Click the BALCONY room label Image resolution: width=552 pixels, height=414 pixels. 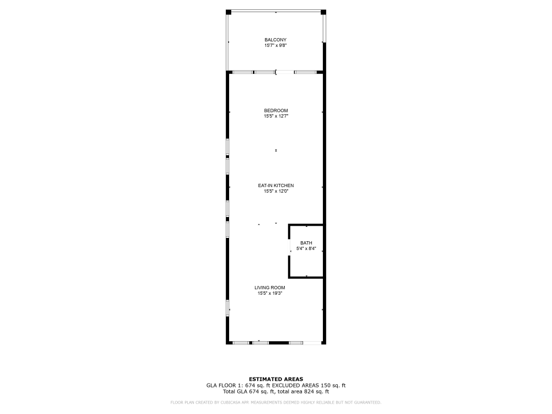click(x=275, y=40)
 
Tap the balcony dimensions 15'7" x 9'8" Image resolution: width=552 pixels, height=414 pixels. click(x=275, y=45)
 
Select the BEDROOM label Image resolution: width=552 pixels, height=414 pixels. click(x=275, y=110)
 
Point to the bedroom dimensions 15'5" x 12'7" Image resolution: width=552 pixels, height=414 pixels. click(x=275, y=116)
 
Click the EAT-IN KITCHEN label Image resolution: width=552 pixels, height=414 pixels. click(x=275, y=185)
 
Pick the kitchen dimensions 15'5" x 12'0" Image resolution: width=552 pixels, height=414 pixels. click(x=275, y=191)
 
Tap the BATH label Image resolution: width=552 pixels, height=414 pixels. click(x=306, y=243)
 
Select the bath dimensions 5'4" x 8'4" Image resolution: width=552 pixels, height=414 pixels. click(x=306, y=249)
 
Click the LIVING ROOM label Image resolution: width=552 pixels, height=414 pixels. click(x=270, y=288)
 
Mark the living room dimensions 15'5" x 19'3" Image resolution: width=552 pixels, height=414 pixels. click(x=270, y=293)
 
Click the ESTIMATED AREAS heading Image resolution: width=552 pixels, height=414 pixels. click(x=275, y=379)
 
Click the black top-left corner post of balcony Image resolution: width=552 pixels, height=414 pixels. click(x=229, y=12)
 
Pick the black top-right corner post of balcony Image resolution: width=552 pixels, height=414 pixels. click(x=323, y=12)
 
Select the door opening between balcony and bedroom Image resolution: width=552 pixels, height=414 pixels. click(x=285, y=72)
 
